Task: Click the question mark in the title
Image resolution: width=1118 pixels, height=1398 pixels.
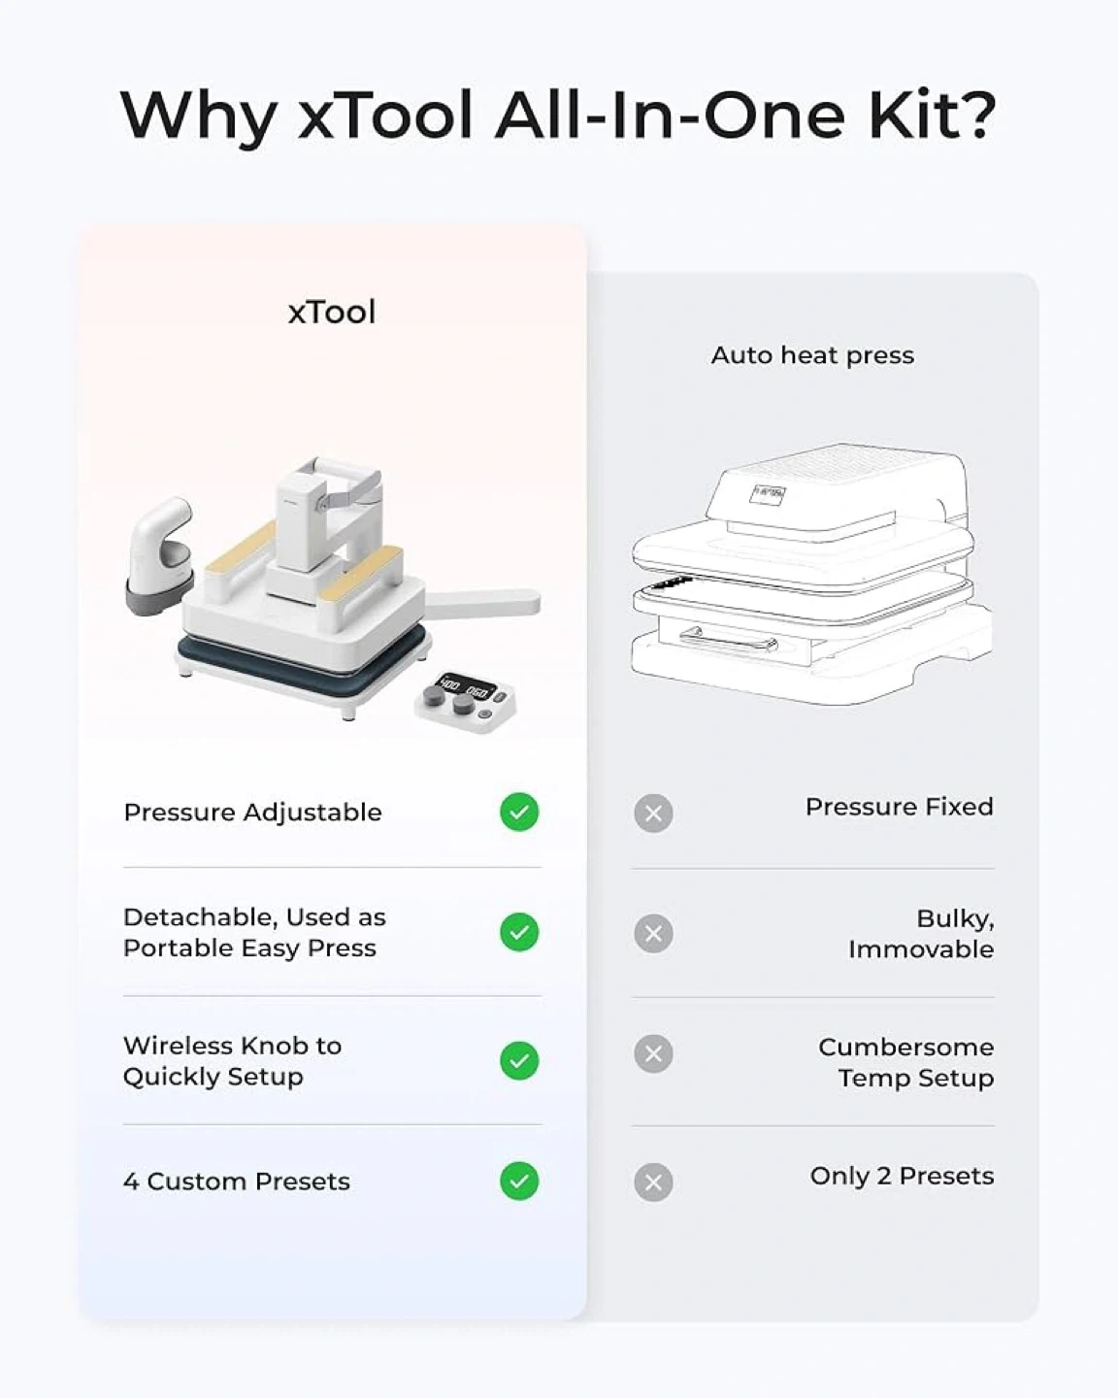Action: pos(975,114)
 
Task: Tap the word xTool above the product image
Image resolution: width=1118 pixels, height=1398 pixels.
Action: pos(332,312)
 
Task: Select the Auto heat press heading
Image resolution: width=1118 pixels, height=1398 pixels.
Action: pos(812,355)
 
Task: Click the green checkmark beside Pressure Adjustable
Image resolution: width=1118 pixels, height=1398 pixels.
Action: pos(519,812)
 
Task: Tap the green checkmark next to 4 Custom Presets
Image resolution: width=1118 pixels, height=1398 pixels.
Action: pos(519,1182)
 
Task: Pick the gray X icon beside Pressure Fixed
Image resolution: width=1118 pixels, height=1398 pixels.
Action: pos(653,814)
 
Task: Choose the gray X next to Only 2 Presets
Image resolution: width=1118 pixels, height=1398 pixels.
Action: pos(653,1182)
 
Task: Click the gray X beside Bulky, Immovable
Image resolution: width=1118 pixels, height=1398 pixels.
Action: pos(653,934)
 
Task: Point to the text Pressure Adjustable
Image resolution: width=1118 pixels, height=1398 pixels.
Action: pos(252,813)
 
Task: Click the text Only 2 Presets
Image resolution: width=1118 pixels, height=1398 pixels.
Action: pos(902,1176)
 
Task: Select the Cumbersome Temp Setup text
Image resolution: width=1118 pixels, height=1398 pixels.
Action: pos(906,1062)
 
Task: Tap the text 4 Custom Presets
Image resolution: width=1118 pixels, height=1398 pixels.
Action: pos(237,1182)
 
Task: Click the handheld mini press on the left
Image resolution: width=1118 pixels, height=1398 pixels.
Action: pos(159,555)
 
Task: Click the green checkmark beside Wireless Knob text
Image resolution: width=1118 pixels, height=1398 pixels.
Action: pos(519,1061)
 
